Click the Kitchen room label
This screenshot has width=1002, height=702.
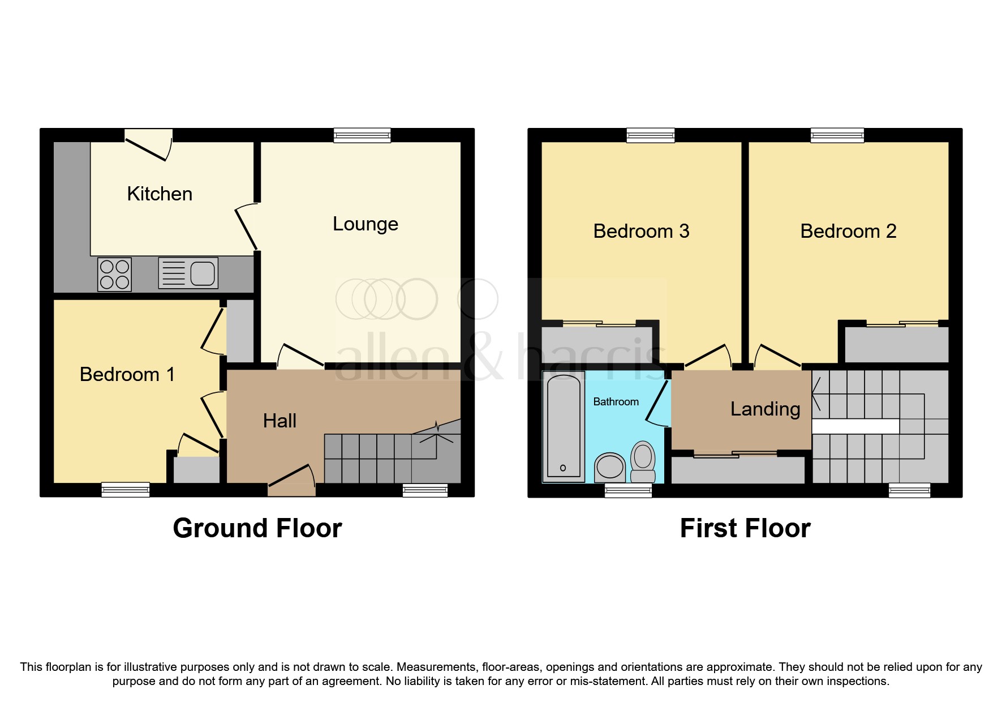(160, 194)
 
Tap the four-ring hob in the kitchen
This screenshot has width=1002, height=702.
(114, 275)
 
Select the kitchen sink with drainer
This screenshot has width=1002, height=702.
(188, 273)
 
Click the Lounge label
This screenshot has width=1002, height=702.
(365, 224)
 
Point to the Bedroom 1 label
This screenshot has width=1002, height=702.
(127, 375)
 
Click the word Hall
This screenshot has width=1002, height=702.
(279, 421)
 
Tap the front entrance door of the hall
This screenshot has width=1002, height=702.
(292, 483)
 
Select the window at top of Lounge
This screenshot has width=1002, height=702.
(362, 135)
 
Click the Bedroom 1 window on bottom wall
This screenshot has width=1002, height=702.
(126, 490)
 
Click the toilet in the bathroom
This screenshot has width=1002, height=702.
(643, 461)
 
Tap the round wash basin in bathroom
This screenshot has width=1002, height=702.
(609, 467)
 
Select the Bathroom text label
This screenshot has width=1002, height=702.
(616, 402)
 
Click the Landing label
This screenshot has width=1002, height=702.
(765, 409)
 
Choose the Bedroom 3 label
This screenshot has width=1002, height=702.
(641, 232)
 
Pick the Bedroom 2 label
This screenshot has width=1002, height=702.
(848, 232)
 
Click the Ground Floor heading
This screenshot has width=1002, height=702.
(257, 528)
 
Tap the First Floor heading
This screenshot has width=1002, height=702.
(745, 528)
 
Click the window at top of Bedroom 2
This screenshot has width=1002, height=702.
(837, 135)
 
